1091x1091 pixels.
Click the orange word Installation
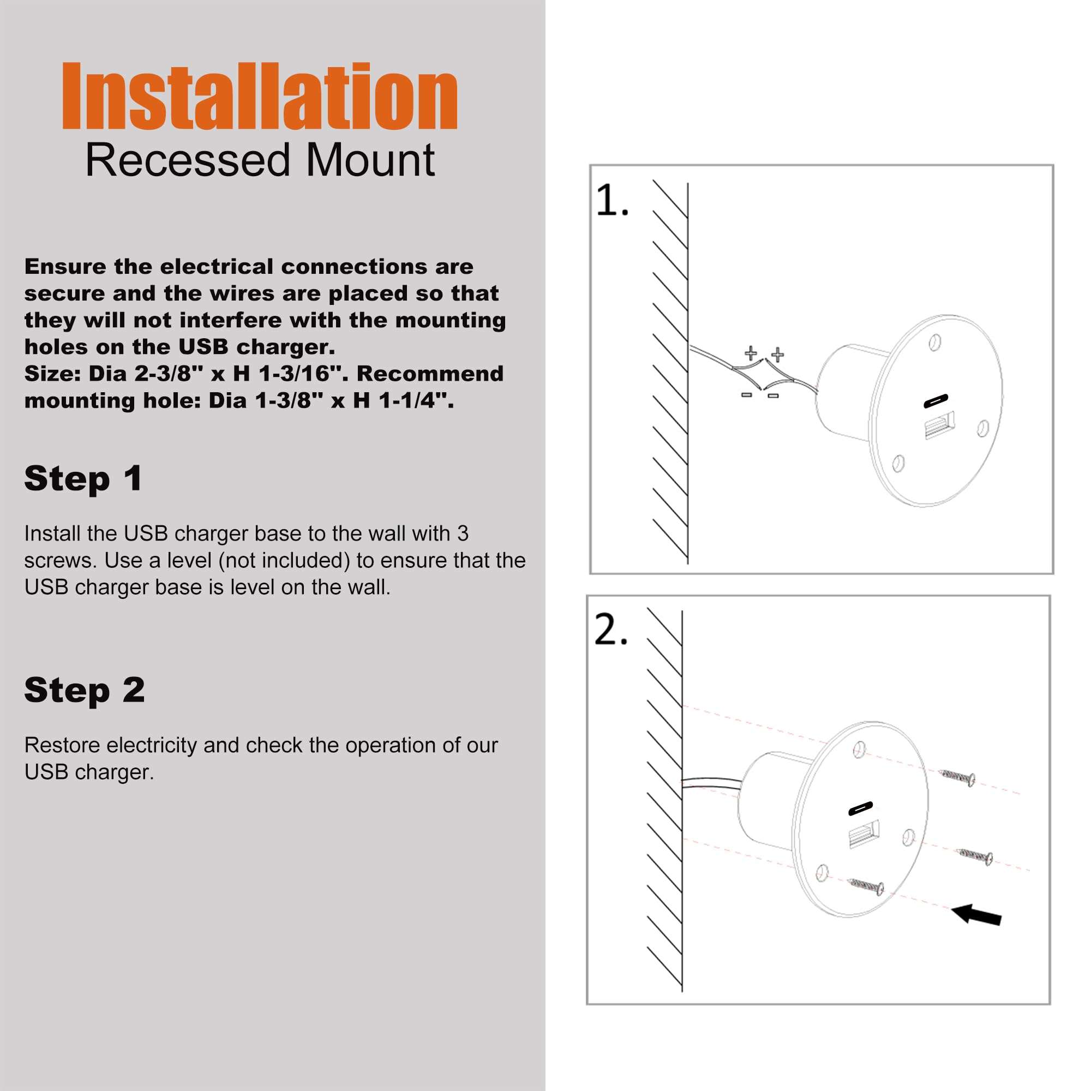(260, 97)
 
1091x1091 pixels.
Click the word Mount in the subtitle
(370, 161)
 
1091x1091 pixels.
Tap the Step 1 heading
(83, 479)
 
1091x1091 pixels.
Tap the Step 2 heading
(85, 690)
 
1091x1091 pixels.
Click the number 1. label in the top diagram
(612, 200)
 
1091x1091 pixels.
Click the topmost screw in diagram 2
(956, 777)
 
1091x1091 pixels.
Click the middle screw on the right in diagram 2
(975, 856)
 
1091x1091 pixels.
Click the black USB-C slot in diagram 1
(936, 401)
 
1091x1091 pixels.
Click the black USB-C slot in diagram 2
(861, 808)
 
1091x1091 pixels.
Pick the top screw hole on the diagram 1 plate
(934, 343)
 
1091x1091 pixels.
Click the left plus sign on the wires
(751, 353)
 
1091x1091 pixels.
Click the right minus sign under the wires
(773, 396)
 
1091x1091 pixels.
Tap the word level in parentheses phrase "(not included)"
(189, 561)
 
